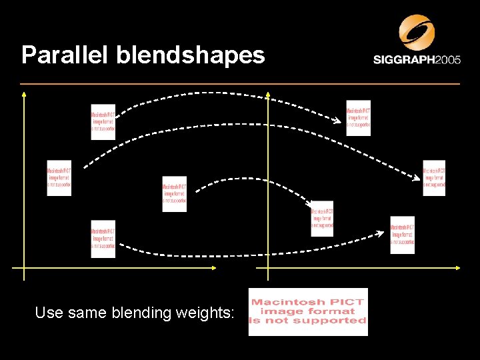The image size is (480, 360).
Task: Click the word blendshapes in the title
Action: (191, 55)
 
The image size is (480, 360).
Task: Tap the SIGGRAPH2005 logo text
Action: (417, 60)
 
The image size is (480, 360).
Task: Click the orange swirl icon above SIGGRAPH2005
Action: (417, 31)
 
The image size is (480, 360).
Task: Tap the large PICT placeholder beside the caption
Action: (308, 311)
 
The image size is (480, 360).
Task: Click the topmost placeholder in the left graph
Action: (103, 122)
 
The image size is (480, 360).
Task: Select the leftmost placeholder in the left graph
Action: (59, 178)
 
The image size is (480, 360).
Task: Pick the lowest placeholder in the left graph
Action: (103, 239)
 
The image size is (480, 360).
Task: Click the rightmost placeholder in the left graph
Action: (174, 194)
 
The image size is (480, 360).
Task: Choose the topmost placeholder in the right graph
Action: (358, 118)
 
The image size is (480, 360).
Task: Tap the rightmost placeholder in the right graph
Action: (433, 178)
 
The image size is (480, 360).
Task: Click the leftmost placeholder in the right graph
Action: (322, 219)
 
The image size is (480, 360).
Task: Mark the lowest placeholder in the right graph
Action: (402, 235)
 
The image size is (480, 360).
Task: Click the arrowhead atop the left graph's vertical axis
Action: (24, 95)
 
